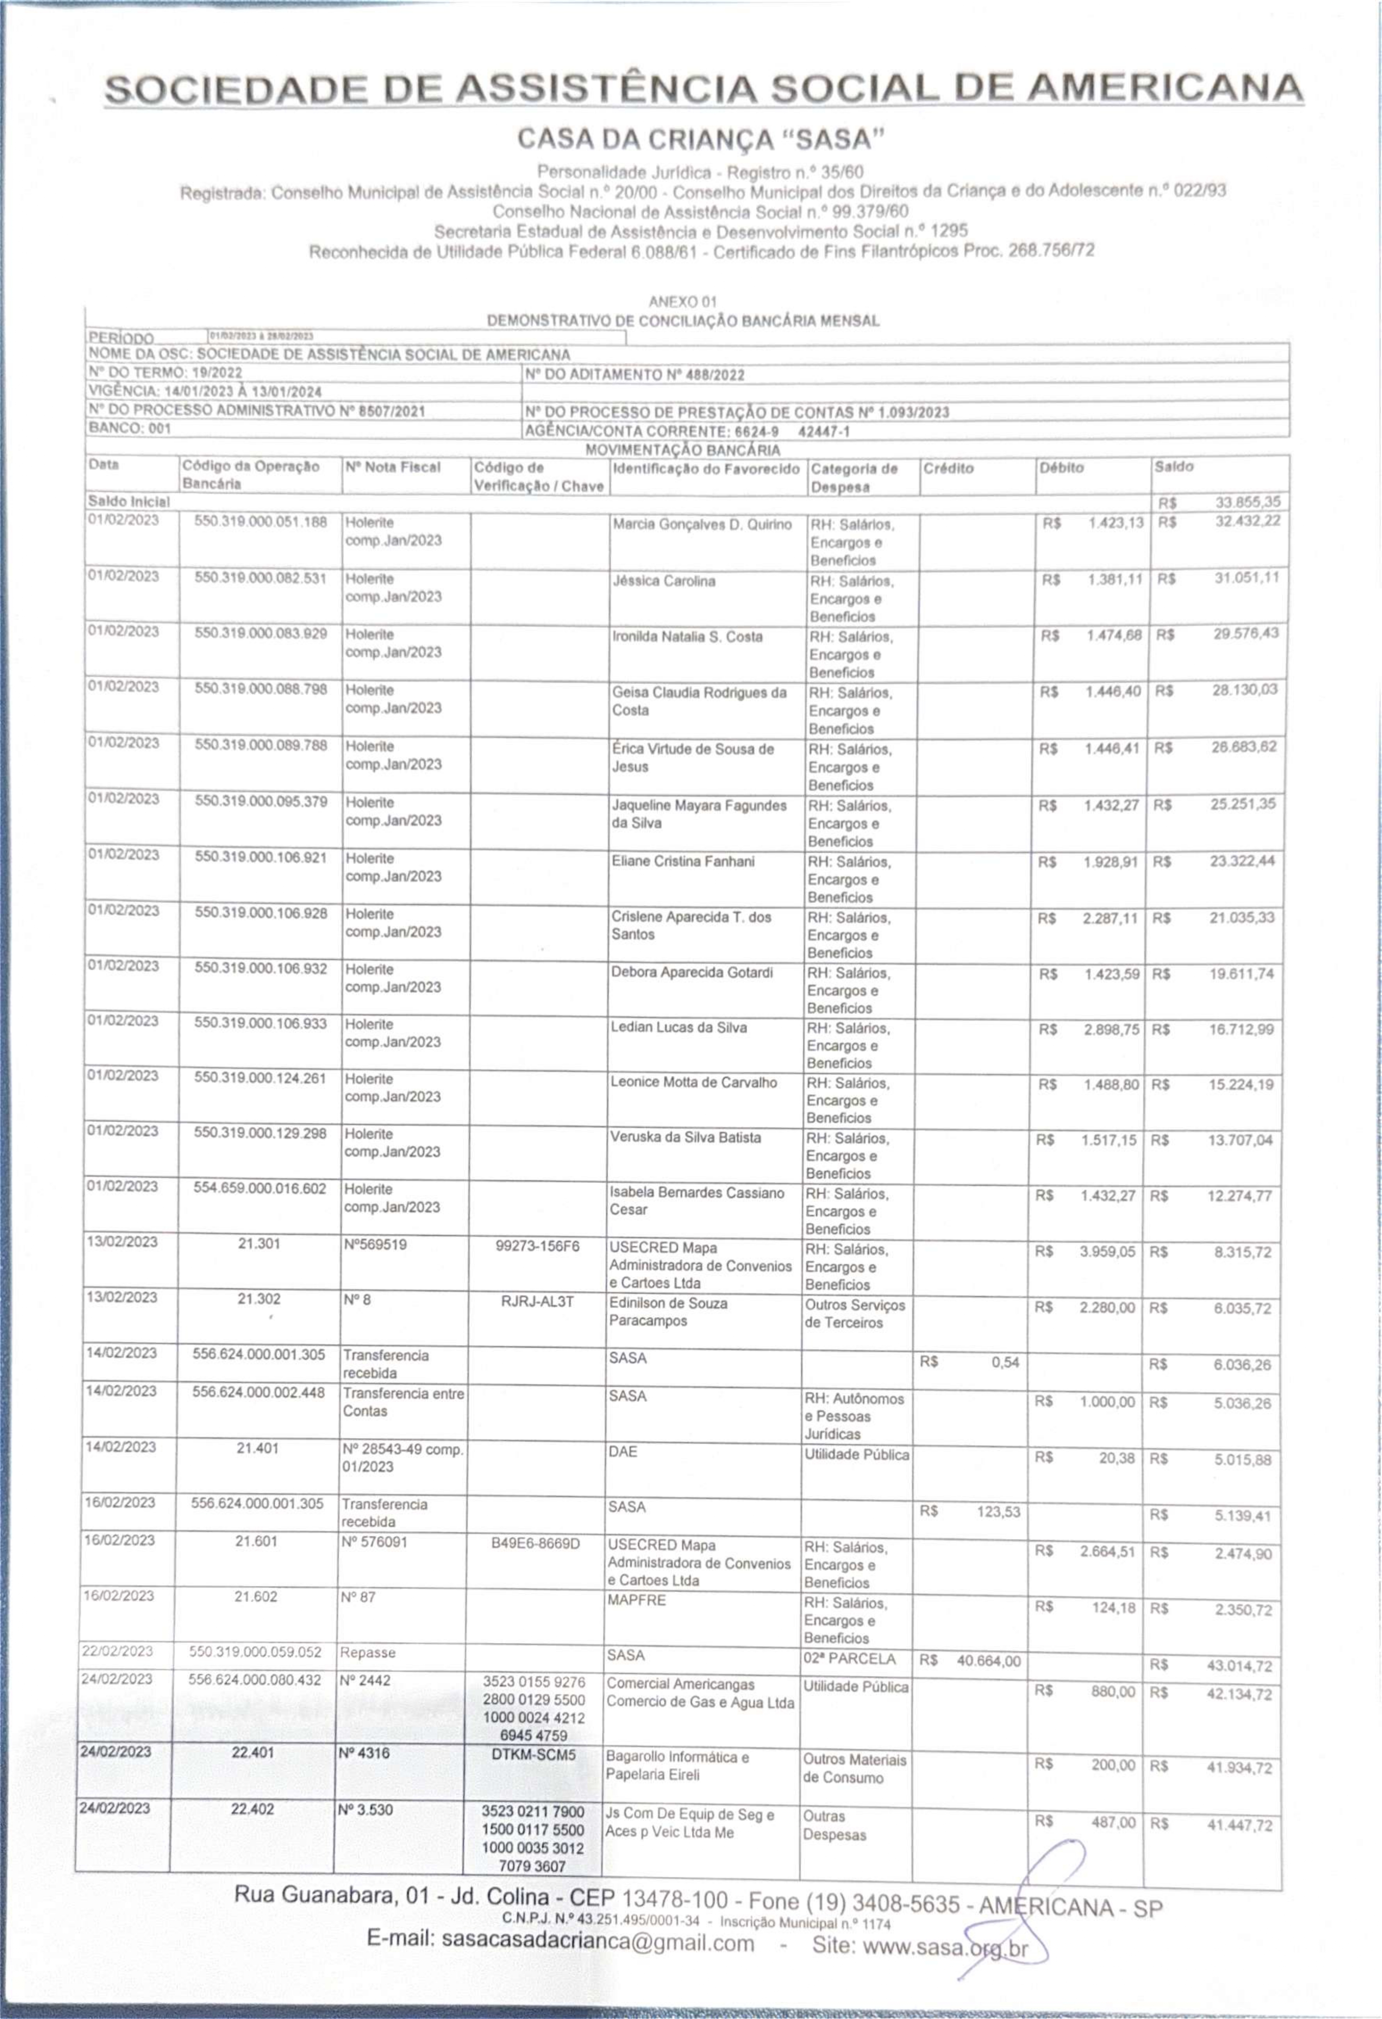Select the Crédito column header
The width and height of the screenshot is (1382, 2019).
[948, 468]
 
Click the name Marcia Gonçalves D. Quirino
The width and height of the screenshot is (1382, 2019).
[702, 525]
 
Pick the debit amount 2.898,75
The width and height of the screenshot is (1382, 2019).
[1111, 1029]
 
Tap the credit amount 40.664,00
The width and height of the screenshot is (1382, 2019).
[988, 1660]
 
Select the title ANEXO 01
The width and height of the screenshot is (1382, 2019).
[683, 301]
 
